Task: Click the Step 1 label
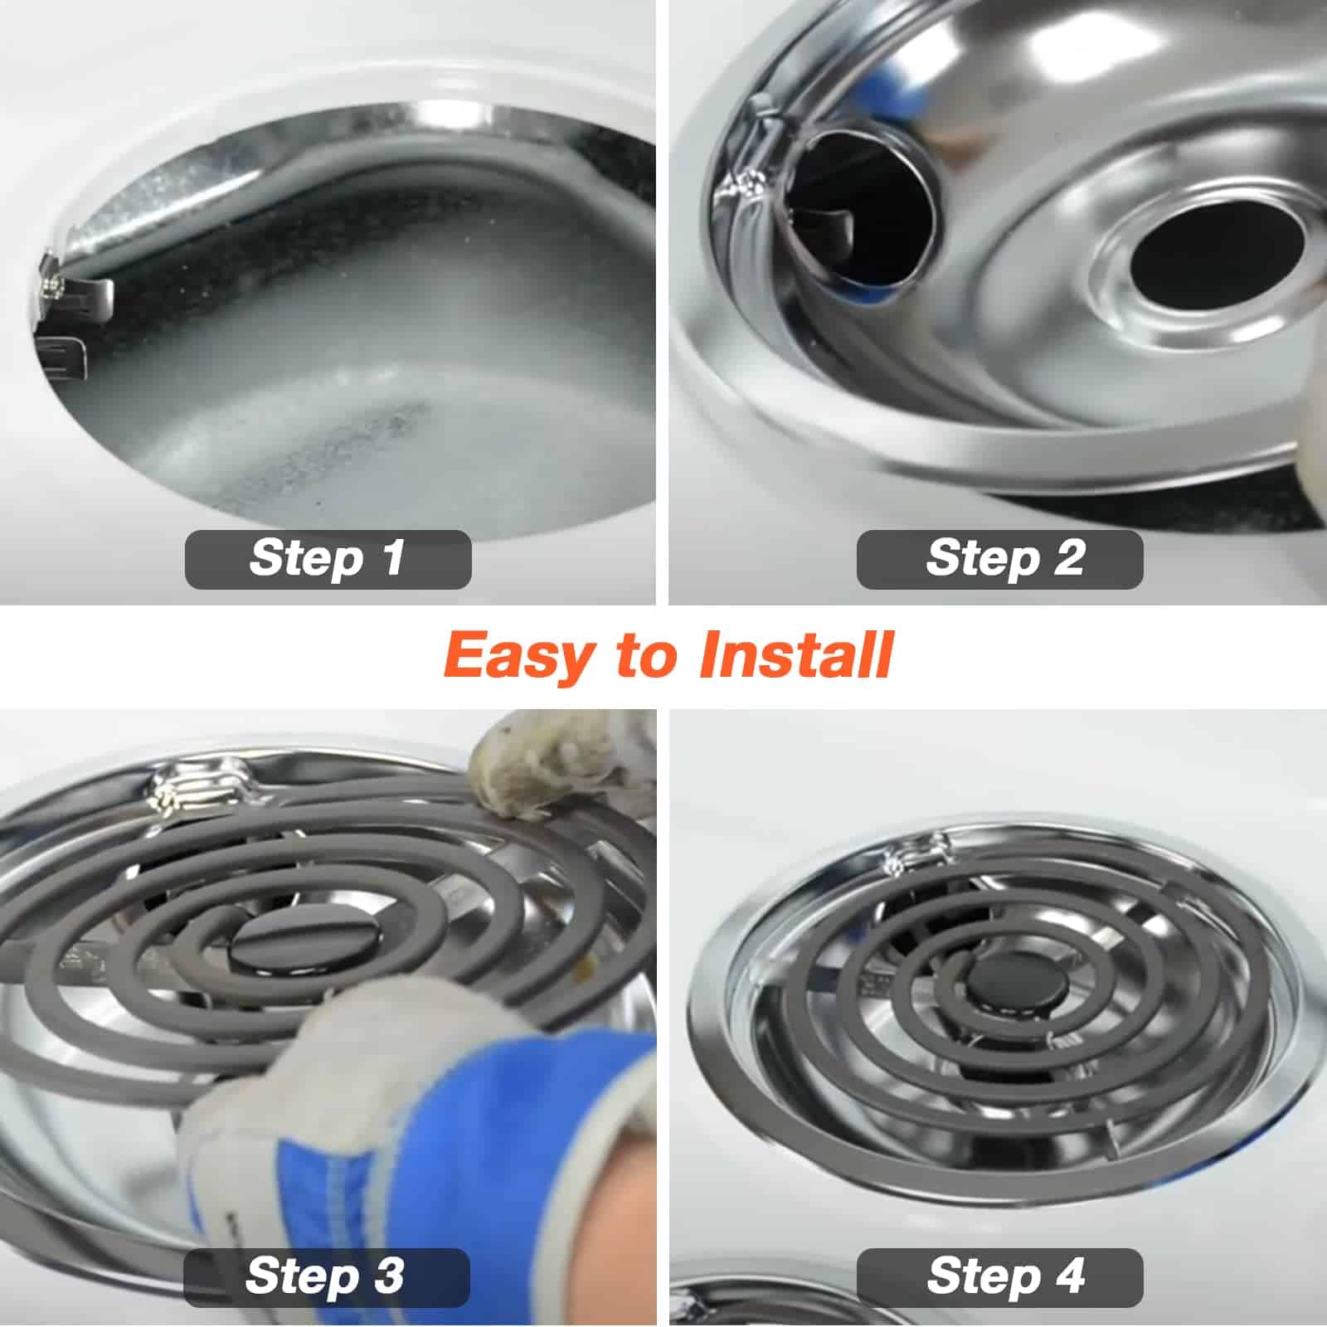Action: (x=328, y=559)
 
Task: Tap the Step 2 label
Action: (x=999, y=559)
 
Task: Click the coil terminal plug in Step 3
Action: (x=199, y=788)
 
